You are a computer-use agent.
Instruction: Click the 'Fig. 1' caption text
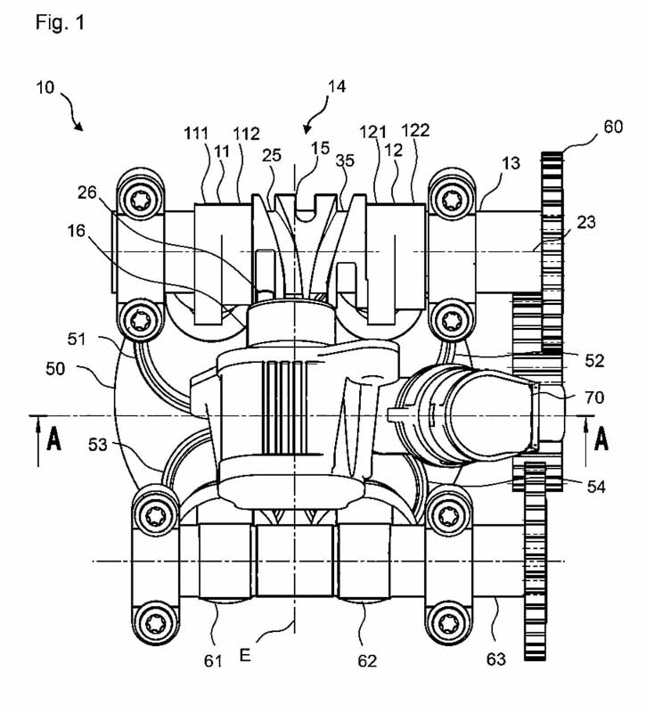click(x=60, y=22)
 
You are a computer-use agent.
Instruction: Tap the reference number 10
click(x=45, y=87)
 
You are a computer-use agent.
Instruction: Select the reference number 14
click(x=337, y=86)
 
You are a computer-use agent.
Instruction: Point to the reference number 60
click(x=613, y=127)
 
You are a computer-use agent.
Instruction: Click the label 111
click(x=196, y=134)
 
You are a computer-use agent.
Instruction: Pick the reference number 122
click(x=415, y=130)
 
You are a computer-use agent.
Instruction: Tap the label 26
click(x=87, y=193)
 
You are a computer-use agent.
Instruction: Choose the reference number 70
click(x=594, y=397)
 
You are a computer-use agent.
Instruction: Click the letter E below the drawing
click(x=245, y=655)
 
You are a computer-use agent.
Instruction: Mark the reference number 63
click(x=495, y=659)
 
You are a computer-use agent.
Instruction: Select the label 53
click(x=98, y=444)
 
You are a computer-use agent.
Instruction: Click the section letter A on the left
click(x=54, y=439)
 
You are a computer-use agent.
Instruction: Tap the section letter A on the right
click(x=601, y=439)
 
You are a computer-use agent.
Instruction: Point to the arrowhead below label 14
click(x=307, y=129)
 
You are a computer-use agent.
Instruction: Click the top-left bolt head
click(x=140, y=199)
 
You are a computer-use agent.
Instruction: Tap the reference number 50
click(x=55, y=368)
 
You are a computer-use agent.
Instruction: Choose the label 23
click(x=586, y=222)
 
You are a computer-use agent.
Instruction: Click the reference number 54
click(x=596, y=487)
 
